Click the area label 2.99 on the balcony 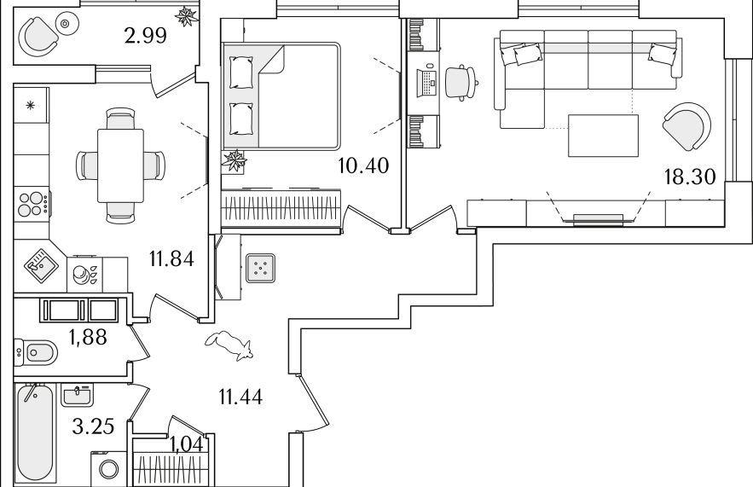click(146, 36)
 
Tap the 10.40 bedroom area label click(363, 165)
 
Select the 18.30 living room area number click(690, 177)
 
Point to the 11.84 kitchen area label click(171, 259)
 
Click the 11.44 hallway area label click(240, 397)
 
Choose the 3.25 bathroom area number click(93, 426)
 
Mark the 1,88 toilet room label click(88, 337)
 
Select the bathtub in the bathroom click(34, 433)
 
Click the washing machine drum click(109, 469)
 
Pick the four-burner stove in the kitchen click(32, 204)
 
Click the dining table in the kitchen click(120, 165)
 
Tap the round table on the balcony click(66, 22)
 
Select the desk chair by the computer click(461, 83)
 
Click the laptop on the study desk click(427, 83)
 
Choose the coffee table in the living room click(603, 136)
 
